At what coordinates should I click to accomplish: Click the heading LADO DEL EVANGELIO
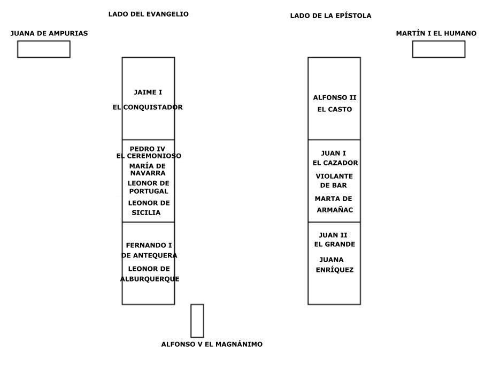click(x=149, y=14)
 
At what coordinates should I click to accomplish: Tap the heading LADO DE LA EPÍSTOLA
click(x=330, y=16)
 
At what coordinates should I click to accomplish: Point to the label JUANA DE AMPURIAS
click(x=49, y=33)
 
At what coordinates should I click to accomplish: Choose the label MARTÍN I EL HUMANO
click(x=436, y=33)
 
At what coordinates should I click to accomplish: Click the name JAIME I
click(x=148, y=92)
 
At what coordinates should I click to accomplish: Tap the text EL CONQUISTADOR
click(x=148, y=107)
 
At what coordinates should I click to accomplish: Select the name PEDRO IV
click(x=147, y=149)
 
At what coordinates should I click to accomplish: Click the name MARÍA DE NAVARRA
click(x=148, y=169)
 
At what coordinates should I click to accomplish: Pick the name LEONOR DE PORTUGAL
click(x=149, y=187)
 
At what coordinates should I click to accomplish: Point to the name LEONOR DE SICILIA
click(x=149, y=208)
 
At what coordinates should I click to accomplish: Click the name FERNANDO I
click(x=149, y=245)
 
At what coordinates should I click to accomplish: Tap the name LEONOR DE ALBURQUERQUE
click(x=150, y=273)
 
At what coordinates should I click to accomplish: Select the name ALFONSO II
click(x=335, y=97)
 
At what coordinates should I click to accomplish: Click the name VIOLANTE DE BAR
click(x=334, y=180)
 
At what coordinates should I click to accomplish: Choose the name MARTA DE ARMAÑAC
click(x=334, y=204)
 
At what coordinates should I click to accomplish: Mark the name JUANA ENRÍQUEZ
click(x=334, y=265)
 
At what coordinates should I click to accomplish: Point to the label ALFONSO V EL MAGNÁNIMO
click(x=212, y=344)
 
